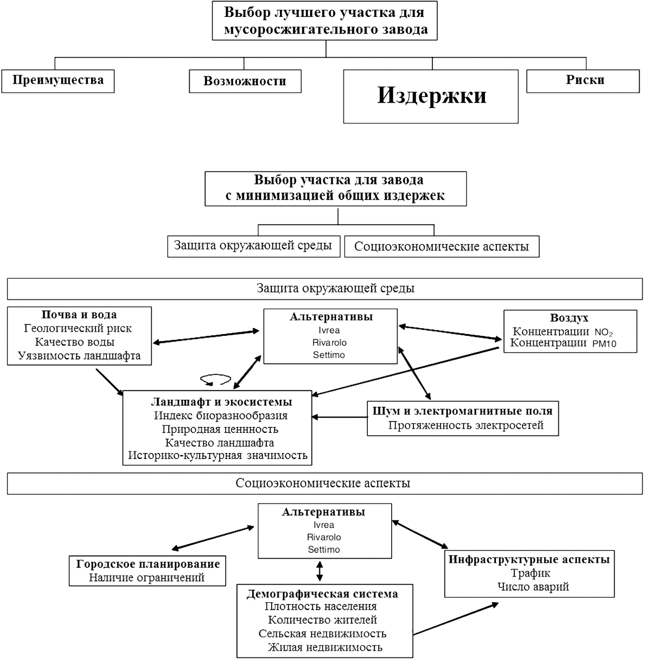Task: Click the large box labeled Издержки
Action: click(430, 97)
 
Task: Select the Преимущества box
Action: click(58, 81)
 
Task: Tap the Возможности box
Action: click(245, 81)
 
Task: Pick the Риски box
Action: click(583, 81)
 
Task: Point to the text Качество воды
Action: click(75, 342)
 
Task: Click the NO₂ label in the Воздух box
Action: click(603, 333)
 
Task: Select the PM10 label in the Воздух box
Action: click(604, 343)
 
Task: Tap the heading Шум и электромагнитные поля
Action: click(463, 411)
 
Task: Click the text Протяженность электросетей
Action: click(466, 425)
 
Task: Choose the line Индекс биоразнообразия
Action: click(221, 416)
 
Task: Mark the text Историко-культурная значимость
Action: click(218, 456)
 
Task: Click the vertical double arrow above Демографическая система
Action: click(320, 571)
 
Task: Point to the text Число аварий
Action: click(533, 586)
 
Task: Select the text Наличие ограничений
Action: click(147, 578)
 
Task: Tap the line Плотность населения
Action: click(321, 606)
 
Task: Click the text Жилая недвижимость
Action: click(325, 647)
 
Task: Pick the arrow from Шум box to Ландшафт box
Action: click(340, 417)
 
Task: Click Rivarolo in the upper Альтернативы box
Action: click(329, 342)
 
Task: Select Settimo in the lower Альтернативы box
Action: click(324, 550)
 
